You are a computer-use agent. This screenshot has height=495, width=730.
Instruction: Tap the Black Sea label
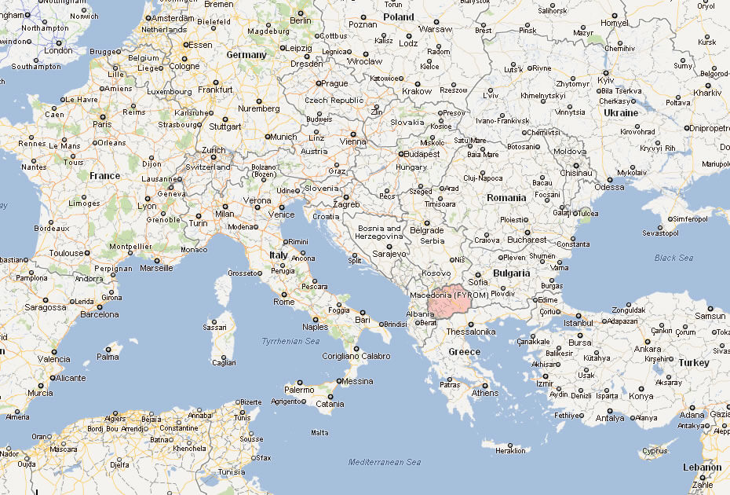[x=674, y=258]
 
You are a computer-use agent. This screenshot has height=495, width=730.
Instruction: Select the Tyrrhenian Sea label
[x=290, y=341]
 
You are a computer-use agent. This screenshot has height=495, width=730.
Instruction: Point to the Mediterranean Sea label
[x=385, y=462]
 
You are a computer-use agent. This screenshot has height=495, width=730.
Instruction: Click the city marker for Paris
[x=102, y=115]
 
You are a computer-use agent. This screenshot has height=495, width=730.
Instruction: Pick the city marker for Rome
[x=296, y=292]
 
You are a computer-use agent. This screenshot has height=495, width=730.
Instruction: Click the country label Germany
[x=246, y=55]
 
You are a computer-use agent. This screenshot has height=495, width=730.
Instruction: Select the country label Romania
[x=506, y=198]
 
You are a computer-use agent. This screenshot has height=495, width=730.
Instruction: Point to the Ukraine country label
[x=620, y=112]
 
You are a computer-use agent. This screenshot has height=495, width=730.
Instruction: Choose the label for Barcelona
[x=100, y=314]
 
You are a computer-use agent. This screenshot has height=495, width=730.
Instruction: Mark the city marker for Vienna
[x=354, y=134]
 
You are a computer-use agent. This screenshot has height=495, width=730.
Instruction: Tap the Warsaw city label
[x=436, y=29]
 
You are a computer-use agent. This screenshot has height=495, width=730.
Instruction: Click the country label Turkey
[x=694, y=363]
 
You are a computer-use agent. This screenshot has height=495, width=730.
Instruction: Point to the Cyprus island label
[x=654, y=451]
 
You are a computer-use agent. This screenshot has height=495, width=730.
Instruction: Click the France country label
[x=104, y=176]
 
